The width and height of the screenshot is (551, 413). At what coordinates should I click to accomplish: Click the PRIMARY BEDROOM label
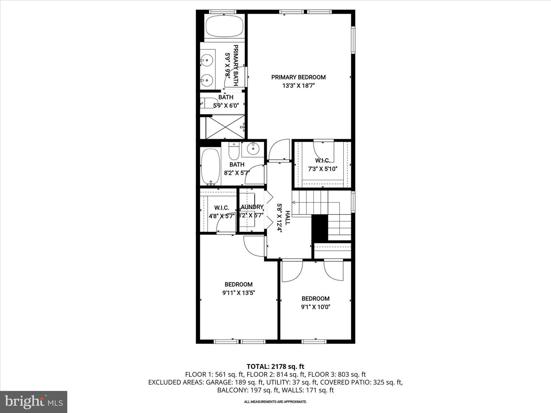point(298,77)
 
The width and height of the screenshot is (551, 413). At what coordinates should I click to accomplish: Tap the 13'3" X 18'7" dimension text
point(298,86)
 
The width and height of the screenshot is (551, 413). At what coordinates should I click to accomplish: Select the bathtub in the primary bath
point(224,26)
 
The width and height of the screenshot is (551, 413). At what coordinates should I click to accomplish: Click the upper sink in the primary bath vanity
point(207,60)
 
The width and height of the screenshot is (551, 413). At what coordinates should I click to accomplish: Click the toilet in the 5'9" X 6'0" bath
point(209,103)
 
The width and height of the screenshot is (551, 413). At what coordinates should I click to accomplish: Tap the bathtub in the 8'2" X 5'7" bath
point(210,167)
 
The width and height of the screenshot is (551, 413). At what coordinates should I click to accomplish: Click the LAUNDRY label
point(252,207)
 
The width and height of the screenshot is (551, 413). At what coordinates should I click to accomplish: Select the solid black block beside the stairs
point(320,228)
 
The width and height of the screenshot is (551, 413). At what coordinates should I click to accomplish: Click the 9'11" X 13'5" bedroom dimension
point(238,293)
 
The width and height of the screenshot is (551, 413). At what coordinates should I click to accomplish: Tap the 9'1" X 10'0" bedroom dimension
point(315,307)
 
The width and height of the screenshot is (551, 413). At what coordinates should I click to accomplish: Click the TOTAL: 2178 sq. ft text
point(275,367)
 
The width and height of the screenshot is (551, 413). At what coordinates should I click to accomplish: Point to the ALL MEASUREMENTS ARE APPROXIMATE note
point(275,402)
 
